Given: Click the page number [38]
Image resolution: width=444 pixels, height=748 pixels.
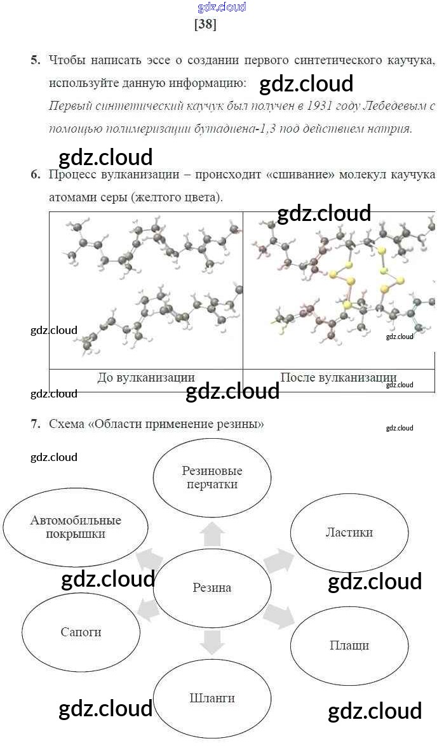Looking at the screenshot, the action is click(x=205, y=25).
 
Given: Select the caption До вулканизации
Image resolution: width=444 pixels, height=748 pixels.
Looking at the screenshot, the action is click(x=145, y=377).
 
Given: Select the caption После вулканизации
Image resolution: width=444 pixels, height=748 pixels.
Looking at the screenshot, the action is click(x=338, y=377).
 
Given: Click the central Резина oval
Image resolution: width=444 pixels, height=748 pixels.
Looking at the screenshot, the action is click(x=212, y=587).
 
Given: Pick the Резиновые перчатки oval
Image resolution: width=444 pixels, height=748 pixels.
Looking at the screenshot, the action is click(x=212, y=478).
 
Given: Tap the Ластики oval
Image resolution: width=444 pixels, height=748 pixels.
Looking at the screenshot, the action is click(x=349, y=532).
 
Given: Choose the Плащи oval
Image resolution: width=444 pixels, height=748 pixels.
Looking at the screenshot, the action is click(x=349, y=645).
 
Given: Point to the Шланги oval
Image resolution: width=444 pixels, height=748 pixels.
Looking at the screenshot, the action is click(x=212, y=698).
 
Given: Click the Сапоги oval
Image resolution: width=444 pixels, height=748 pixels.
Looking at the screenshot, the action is click(x=81, y=632).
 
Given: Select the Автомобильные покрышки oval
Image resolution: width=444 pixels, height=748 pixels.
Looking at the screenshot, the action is click(x=76, y=526).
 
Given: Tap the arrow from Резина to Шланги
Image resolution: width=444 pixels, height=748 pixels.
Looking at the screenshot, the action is click(x=212, y=642).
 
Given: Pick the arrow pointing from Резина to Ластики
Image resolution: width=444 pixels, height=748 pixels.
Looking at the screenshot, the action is click(x=278, y=561).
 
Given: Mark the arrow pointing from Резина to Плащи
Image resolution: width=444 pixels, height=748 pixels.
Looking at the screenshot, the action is click(x=278, y=616).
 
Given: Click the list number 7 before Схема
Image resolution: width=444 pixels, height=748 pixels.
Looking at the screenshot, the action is click(x=35, y=424).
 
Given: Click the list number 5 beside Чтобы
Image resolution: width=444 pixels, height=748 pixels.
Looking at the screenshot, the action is click(x=35, y=60).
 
